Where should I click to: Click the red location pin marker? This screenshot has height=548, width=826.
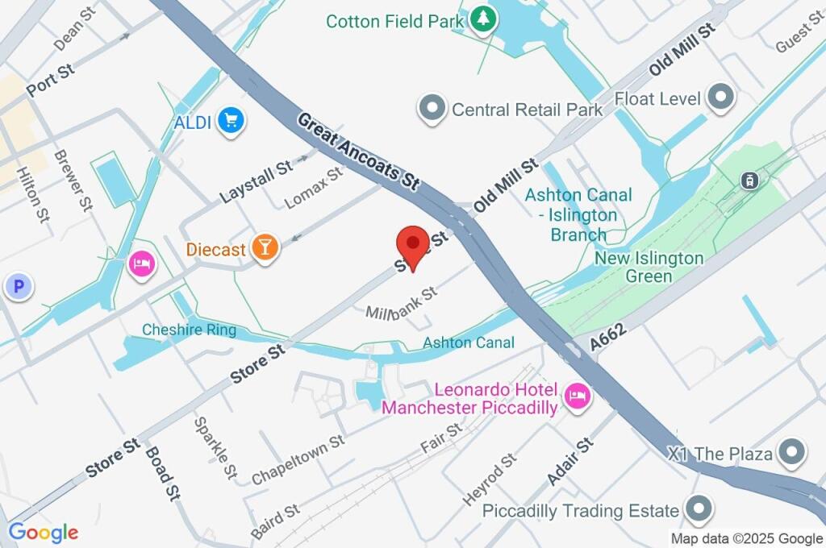pos(413,245)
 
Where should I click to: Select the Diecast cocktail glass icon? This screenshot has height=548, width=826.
pos(265,248)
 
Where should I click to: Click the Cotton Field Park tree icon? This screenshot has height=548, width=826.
pos(482,19)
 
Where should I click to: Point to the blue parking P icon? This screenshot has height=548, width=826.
pos(16,285)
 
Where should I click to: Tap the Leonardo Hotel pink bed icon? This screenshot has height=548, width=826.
pos(577,395)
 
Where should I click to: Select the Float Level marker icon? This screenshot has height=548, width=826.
pos(720,98)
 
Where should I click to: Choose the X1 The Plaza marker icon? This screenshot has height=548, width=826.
pos(792,453)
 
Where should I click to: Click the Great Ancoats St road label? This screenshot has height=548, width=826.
pos(358,152)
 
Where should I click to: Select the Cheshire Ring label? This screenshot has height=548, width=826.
pos(189,330)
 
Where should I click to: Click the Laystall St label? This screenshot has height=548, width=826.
pos(256,182)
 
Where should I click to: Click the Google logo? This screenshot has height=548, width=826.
pos(44,532)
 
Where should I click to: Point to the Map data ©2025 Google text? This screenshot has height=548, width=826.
pos(747,538)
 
